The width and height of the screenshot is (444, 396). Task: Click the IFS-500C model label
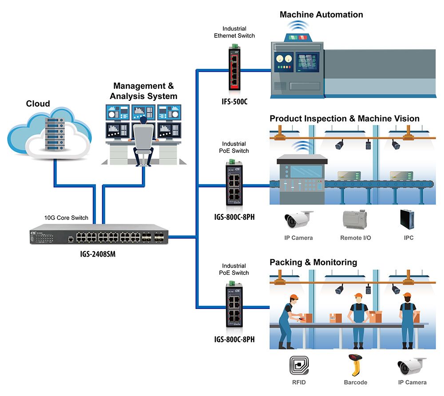(x=234, y=101)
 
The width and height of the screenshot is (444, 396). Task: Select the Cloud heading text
(x=38, y=104)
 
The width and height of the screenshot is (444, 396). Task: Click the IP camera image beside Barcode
(x=412, y=366)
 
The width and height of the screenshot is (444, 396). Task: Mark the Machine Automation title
(x=321, y=15)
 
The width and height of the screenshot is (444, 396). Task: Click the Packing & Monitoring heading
(x=313, y=262)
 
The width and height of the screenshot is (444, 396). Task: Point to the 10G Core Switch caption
(x=66, y=218)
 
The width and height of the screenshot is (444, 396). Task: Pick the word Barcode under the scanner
(x=355, y=382)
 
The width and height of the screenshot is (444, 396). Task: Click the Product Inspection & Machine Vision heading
(x=344, y=119)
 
